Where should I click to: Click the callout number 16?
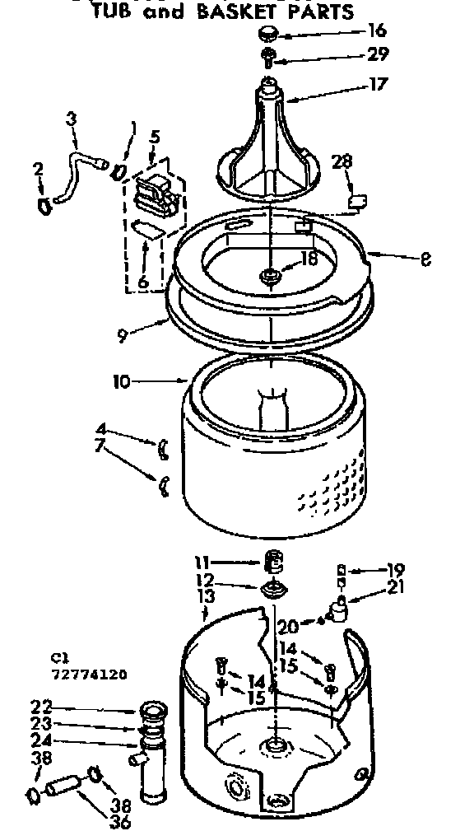click(x=378, y=32)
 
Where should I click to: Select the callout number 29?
click(x=378, y=54)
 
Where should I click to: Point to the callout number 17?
click(x=378, y=84)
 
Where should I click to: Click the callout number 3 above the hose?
click(x=72, y=120)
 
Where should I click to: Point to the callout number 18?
click(x=309, y=258)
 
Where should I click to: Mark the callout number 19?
click(x=396, y=568)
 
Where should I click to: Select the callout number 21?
click(x=396, y=587)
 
